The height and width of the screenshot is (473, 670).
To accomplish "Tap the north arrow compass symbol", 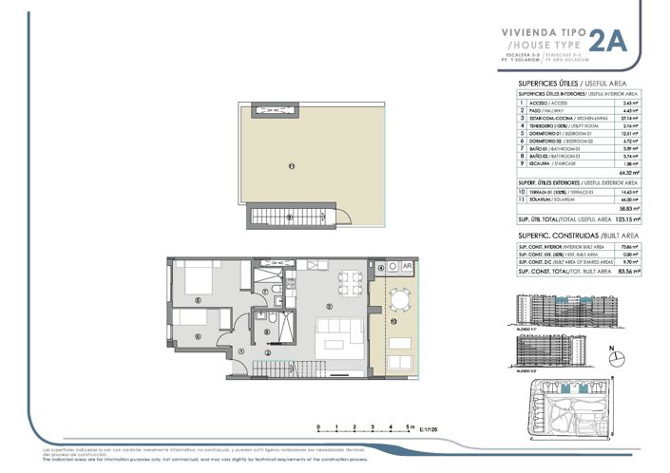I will [x=612, y=353].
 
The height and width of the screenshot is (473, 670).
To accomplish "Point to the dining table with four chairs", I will [x=349, y=281].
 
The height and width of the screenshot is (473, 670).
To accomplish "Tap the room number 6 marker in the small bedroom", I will [x=197, y=336].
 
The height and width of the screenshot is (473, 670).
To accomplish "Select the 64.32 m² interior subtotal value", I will [x=630, y=173].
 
